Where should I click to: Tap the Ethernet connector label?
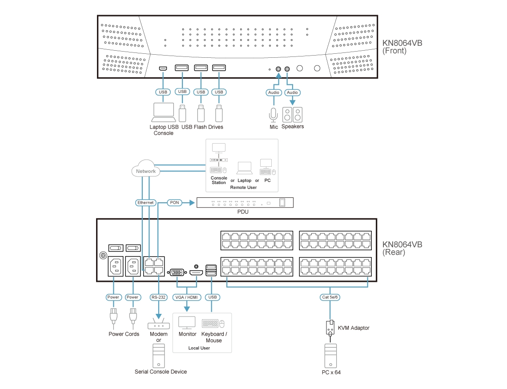(x=145, y=203)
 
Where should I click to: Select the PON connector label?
(x=174, y=203)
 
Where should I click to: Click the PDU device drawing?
(x=245, y=203)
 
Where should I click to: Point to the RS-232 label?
(x=158, y=297)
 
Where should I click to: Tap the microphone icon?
(x=274, y=115)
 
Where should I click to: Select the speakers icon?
(x=292, y=115)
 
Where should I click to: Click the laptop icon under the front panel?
(x=163, y=112)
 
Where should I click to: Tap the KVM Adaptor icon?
(x=330, y=328)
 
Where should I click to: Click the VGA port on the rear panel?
(x=177, y=272)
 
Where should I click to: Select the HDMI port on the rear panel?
(x=196, y=272)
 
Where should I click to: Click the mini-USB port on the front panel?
(x=163, y=68)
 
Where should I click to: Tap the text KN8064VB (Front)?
(x=402, y=47)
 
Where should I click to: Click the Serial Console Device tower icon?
(x=158, y=356)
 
